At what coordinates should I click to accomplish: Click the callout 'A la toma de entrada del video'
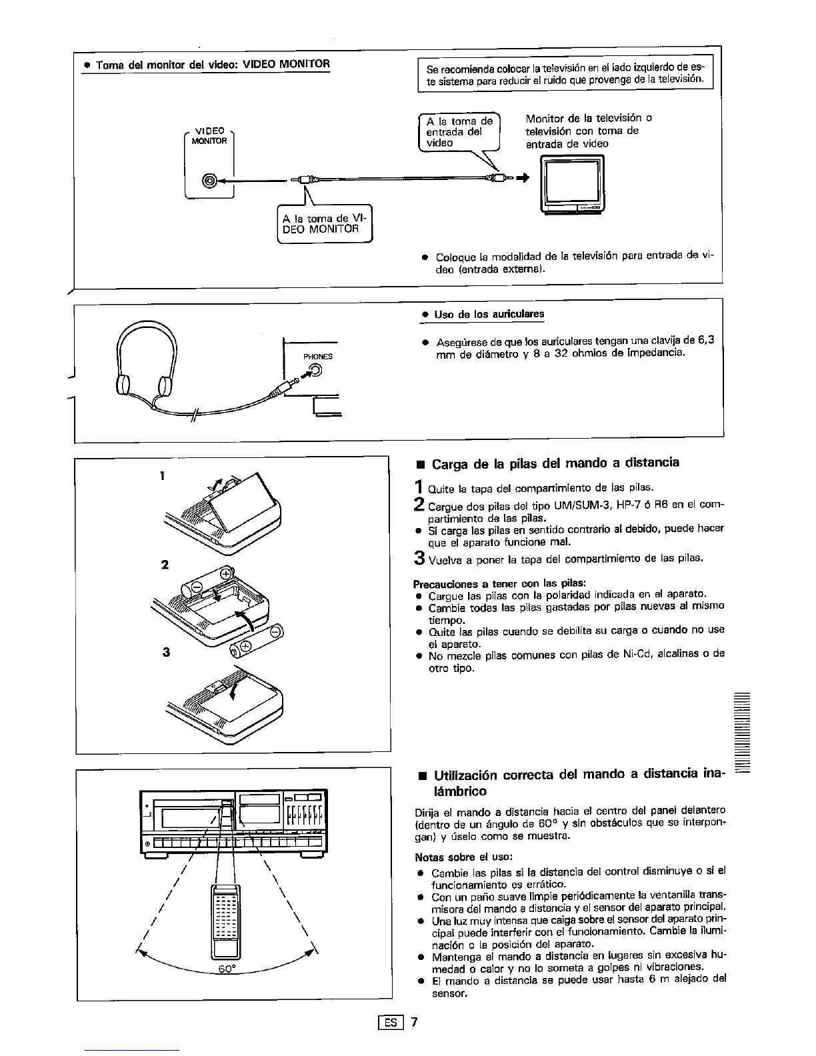click(459, 131)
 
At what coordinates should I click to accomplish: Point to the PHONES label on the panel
click(317, 357)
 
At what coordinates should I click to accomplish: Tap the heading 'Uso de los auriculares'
click(489, 314)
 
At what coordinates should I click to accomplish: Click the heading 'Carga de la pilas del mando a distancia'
click(555, 463)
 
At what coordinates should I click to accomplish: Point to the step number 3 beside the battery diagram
click(165, 652)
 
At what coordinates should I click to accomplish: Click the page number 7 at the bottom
click(414, 1022)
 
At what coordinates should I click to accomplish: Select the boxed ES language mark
click(391, 1022)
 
